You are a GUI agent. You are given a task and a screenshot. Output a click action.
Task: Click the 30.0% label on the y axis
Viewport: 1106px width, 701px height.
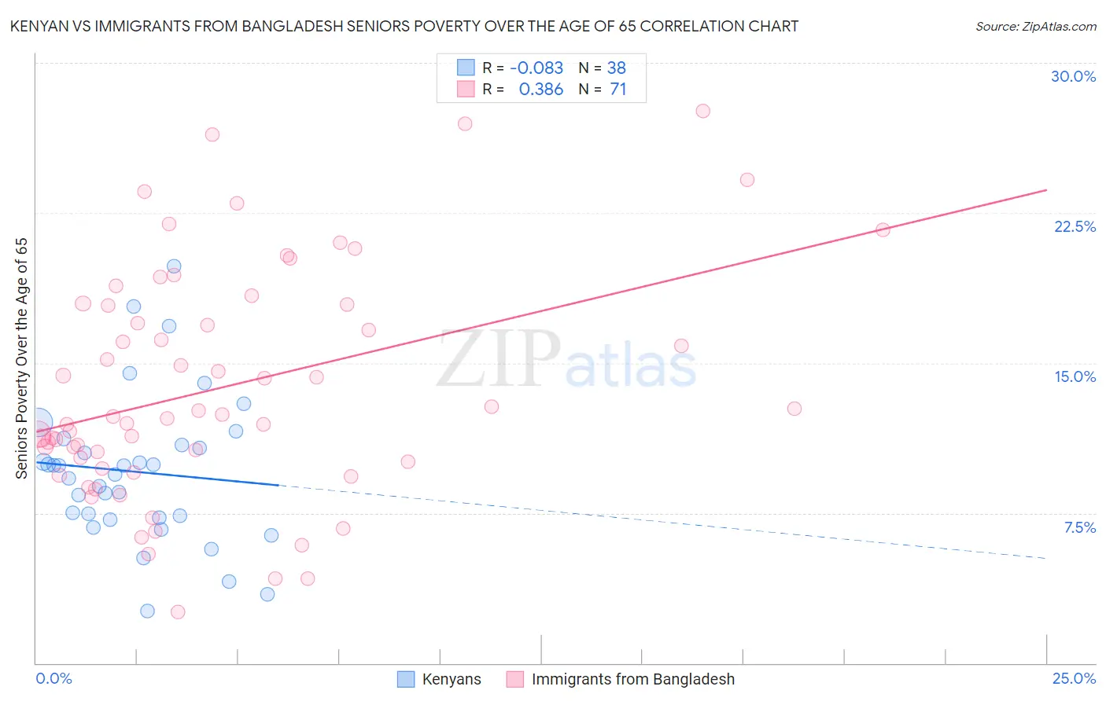pyautogui.click(x=1073, y=76)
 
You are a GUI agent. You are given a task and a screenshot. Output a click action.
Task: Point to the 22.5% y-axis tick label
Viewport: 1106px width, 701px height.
pyautogui.click(x=1075, y=226)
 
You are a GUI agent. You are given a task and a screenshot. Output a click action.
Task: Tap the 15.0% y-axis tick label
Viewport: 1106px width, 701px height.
pyautogui.click(x=1075, y=376)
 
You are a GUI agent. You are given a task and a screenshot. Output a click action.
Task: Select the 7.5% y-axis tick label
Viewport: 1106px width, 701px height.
pyautogui.click(x=1079, y=527)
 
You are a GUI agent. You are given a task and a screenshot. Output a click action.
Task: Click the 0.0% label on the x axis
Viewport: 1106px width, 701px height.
pyautogui.click(x=53, y=678)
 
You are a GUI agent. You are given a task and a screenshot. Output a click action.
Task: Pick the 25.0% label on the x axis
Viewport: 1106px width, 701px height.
pyautogui.click(x=1074, y=678)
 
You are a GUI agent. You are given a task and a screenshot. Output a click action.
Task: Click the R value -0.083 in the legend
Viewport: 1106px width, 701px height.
pyautogui.click(x=536, y=68)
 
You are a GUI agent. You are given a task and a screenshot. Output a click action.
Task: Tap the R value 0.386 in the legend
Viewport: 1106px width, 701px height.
pyautogui.click(x=540, y=90)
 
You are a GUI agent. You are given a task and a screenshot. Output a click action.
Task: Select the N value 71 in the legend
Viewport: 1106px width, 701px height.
pyautogui.click(x=618, y=90)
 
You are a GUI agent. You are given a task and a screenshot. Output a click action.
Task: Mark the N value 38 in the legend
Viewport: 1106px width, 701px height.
pyautogui.click(x=616, y=68)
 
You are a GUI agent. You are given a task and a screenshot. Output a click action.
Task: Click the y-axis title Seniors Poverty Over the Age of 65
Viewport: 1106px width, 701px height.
pyautogui.click(x=22, y=358)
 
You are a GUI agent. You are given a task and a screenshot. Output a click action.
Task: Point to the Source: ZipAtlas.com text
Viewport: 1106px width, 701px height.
pyautogui.click(x=1035, y=27)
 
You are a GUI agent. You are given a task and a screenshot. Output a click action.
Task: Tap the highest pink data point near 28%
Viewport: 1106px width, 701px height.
pyautogui.click(x=702, y=111)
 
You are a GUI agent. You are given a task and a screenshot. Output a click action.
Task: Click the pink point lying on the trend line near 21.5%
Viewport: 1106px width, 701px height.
pyautogui.click(x=883, y=229)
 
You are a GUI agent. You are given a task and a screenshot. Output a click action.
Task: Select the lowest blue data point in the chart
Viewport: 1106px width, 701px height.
pyautogui.click(x=147, y=611)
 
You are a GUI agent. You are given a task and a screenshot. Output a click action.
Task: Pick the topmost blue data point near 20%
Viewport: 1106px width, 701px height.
pyautogui.click(x=174, y=266)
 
